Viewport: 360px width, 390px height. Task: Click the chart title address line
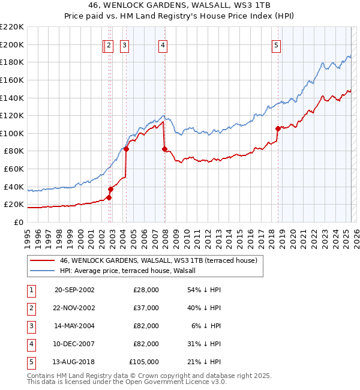(180, 5)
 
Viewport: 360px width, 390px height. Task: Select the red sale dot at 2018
(278, 128)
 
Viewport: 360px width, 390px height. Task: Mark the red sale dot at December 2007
(164, 149)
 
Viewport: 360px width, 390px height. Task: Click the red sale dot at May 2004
(127, 149)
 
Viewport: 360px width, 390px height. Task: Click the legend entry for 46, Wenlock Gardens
(158, 260)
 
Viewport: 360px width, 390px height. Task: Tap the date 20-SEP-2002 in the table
(74, 290)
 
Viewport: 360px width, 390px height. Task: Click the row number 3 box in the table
(30, 326)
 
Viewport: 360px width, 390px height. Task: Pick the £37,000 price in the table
(146, 308)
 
